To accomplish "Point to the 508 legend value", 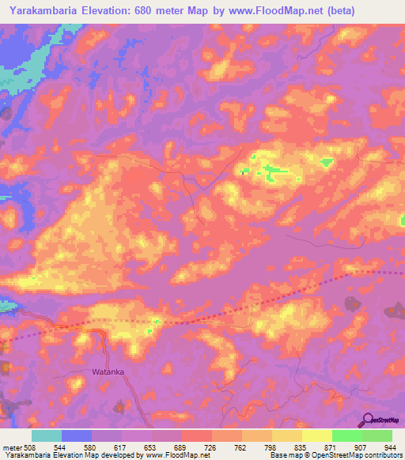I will coord(28,447).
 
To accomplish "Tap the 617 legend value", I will coord(121,447).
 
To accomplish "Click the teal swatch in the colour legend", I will coord(46,435).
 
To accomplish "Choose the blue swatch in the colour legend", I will coord(76,435).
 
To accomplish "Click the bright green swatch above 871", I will coord(346,435).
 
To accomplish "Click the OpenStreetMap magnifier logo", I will coord(369,420).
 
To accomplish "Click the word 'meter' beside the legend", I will coord(10,447).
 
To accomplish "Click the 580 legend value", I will coord(91,447).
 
